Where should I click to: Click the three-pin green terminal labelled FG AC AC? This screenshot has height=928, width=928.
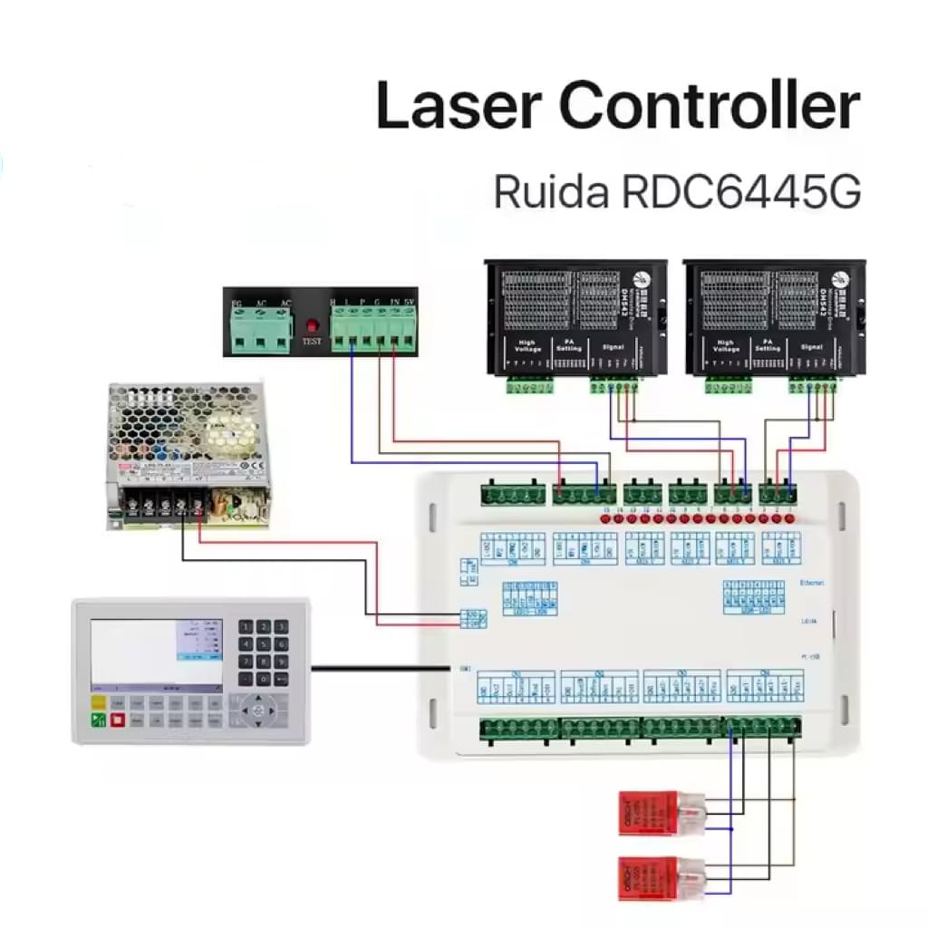coord(260,328)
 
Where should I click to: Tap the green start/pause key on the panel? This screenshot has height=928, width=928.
coord(97,720)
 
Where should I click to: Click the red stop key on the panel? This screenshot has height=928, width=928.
coord(117,720)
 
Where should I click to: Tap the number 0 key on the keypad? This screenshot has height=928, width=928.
coord(263,679)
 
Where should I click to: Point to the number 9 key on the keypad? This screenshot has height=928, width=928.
coord(281,662)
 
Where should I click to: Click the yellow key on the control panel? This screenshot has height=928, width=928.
coord(97,703)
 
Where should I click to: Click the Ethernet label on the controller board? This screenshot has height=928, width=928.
coord(812,585)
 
